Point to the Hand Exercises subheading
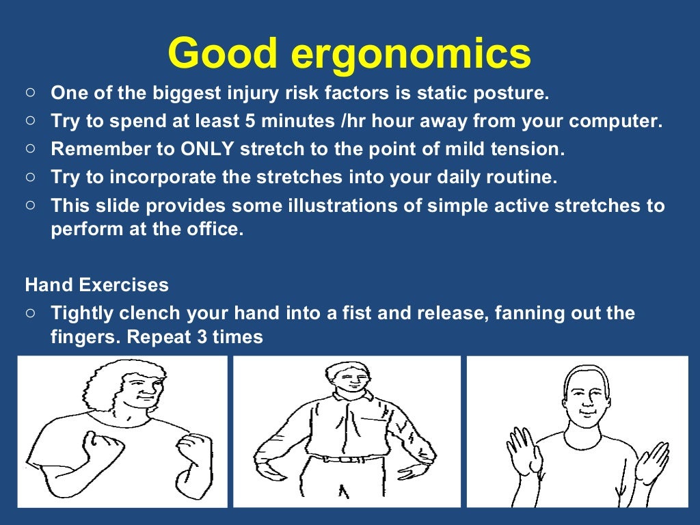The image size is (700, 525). pyautogui.click(x=96, y=284)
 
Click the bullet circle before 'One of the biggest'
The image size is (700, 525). pyautogui.click(x=30, y=92)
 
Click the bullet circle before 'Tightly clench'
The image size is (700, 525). pyautogui.click(x=30, y=312)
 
